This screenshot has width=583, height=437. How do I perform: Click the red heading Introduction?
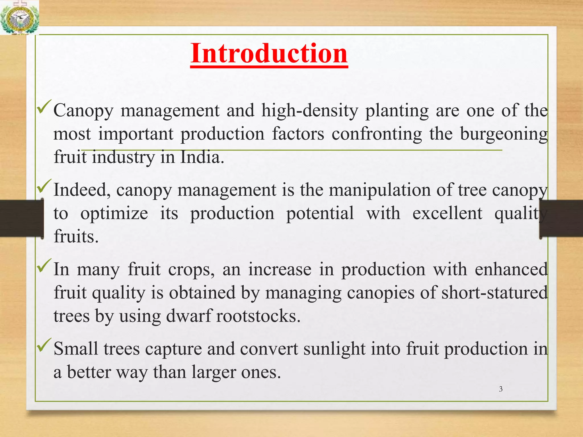tap(269, 53)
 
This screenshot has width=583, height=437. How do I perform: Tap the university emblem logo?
tap(19, 18)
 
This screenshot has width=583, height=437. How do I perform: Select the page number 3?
tap(501, 389)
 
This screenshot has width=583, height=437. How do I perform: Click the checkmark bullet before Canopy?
tap(44, 107)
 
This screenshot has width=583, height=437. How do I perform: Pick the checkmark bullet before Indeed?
tap(44, 186)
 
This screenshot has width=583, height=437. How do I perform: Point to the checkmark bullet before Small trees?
tap(44, 345)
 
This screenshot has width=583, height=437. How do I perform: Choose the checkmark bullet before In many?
tap(44, 265)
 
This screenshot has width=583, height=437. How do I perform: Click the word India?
tap(202, 157)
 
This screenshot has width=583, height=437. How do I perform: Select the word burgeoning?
tap(504, 134)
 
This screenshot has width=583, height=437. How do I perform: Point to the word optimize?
tap(114, 213)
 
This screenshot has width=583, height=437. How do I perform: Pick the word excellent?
tap(447, 213)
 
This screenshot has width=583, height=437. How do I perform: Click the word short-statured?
tap(494, 293)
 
